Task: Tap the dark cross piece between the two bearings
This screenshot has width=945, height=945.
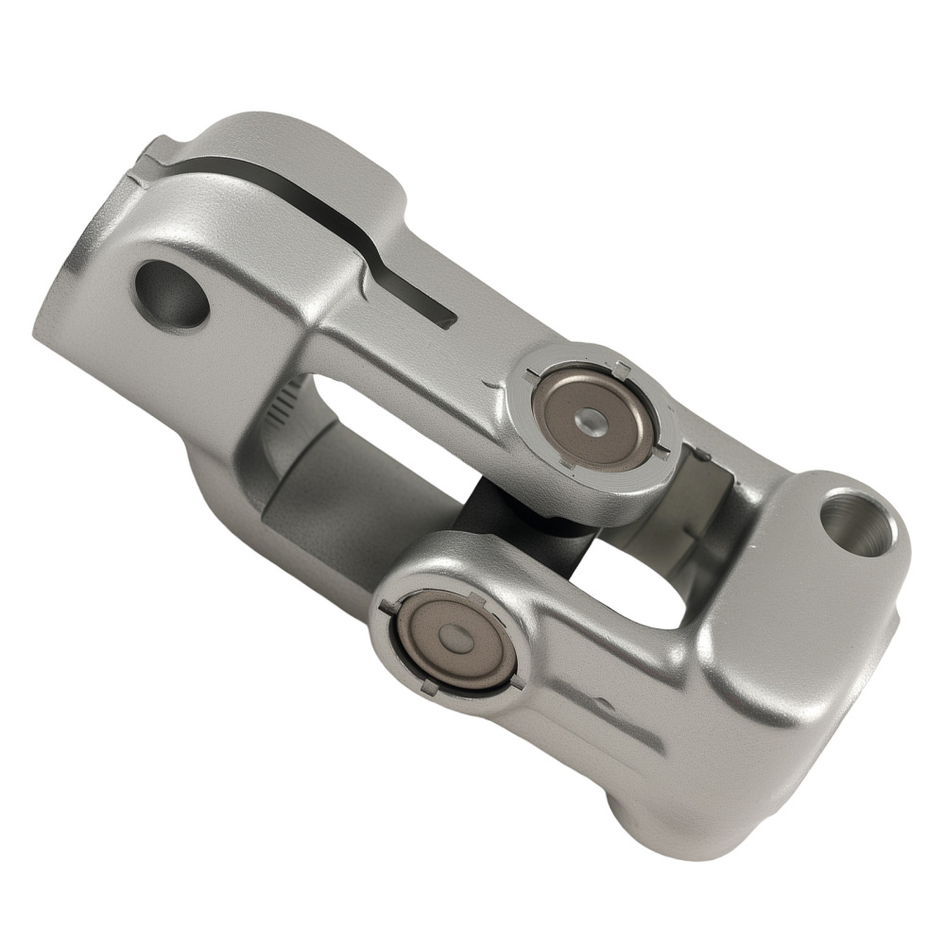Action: coord(491,529)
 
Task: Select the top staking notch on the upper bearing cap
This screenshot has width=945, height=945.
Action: coord(619,367)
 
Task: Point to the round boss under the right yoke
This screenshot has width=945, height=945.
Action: coord(652,813)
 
